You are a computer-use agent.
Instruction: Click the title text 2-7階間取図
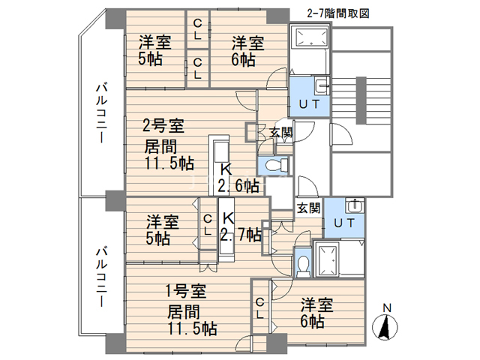tap(339, 13)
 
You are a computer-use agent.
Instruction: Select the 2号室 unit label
tap(163, 124)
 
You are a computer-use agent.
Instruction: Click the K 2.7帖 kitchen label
tap(240, 227)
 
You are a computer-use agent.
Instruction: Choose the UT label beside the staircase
tap(309, 103)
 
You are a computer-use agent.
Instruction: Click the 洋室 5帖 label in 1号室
tap(162, 230)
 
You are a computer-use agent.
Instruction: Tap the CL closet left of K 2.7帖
tap(208, 226)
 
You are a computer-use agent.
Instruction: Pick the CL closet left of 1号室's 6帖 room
tap(259, 307)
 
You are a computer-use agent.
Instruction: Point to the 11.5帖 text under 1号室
tap(192, 328)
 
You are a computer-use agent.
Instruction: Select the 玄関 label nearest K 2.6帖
tap(281, 133)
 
